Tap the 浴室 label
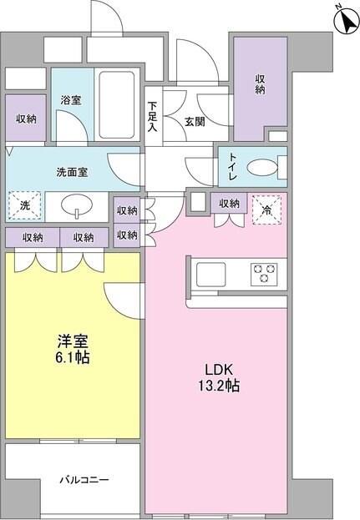click(x=70, y=99)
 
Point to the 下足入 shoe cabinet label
click(x=153, y=117)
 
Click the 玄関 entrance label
click(x=195, y=121)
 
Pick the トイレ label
click(x=230, y=167)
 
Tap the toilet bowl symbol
click(x=266, y=166)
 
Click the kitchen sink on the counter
click(x=209, y=272)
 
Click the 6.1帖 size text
click(x=73, y=358)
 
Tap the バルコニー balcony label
click(x=84, y=481)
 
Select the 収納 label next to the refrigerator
click(x=230, y=202)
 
